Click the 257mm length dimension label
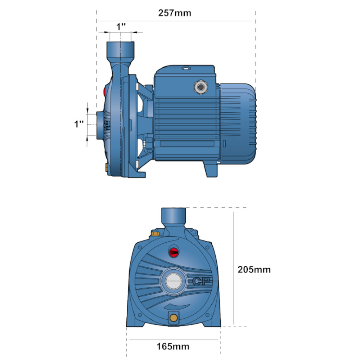click(175, 13)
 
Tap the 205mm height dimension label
click(254, 270)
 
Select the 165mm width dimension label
click(173, 346)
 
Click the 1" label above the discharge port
click(121, 27)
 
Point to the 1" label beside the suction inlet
click(79, 124)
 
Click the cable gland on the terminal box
click(201, 87)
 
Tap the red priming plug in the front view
click(174, 252)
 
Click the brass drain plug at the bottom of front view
click(174, 318)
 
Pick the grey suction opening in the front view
click(174, 281)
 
